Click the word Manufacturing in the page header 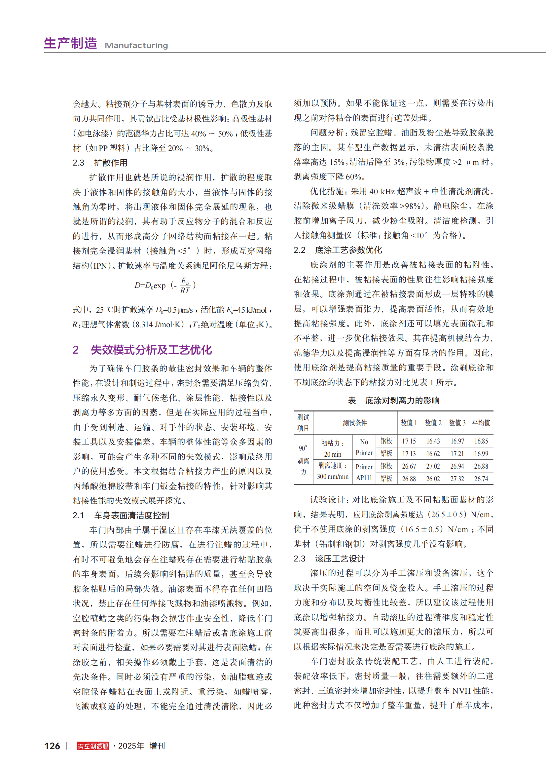point(136,46)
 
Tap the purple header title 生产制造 point(71,43)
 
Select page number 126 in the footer point(52,746)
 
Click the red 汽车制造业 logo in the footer point(92,746)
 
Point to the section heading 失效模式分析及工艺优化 point(151,350)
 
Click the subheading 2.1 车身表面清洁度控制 point(121,515)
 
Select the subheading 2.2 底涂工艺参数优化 point(338,250)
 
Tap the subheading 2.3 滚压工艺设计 point(329,559)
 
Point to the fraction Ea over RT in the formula point(185,286)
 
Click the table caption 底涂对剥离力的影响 point(402,400)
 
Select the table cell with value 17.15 point(409,441)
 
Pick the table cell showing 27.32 point(457,479)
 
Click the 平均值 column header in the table point(481,423)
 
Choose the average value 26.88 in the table point(481,466)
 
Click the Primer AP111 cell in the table point(364,472)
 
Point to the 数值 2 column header point(433,423)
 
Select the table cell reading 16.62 point(433,453)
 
